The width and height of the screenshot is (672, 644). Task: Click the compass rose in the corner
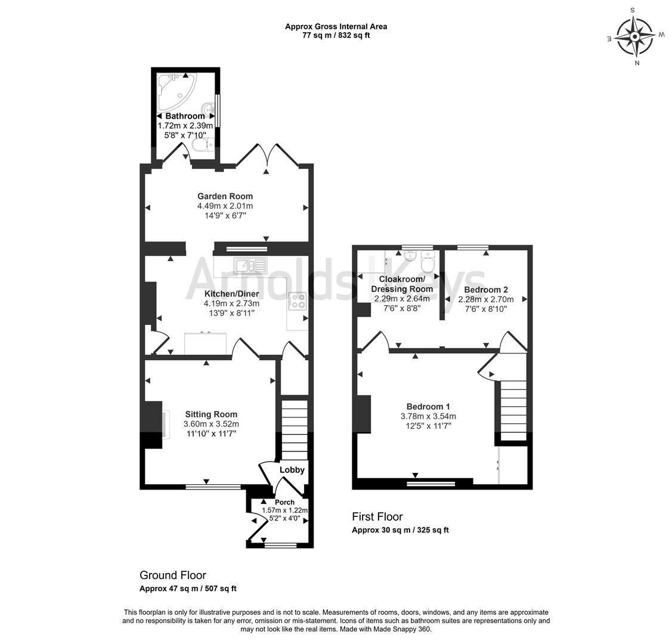point(635,36)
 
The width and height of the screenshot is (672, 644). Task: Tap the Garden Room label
point(225,196)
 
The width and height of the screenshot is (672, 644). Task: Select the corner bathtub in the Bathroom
point(176,88)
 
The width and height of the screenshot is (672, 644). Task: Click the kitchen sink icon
point(251,264)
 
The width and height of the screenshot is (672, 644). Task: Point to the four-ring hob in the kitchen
point(297,302)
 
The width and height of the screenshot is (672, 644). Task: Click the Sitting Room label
point(210,414)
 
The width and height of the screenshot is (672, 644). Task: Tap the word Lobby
point(292,470)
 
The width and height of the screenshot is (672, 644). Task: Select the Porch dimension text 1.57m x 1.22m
point(284,511)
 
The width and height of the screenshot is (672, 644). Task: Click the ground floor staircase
point(294,429)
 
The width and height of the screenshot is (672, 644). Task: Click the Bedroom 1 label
point(428,407)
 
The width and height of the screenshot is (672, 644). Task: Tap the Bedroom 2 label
point(486,289)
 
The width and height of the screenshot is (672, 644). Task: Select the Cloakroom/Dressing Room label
point(402,284)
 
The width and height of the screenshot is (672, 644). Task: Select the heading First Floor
point(377,517)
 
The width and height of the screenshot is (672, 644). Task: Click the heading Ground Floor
point(173,575)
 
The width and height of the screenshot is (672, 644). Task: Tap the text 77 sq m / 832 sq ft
point(336,35)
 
